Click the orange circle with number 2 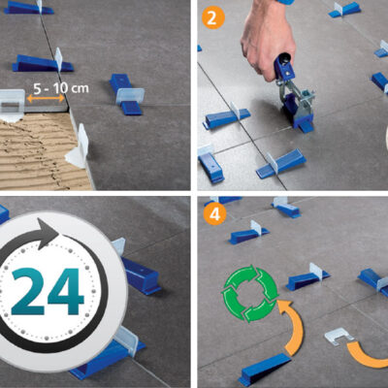coord(211,17)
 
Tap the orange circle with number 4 coord(214,214)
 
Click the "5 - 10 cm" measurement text coord(61,88)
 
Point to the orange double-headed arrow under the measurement coord(46,98)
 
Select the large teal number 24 coord(48,292)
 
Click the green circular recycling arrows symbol coord(249,293)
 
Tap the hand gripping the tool coord(267,38)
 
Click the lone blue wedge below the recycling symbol coord(265,368)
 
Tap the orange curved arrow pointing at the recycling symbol coord(292,327)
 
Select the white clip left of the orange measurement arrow coord(12,104)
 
